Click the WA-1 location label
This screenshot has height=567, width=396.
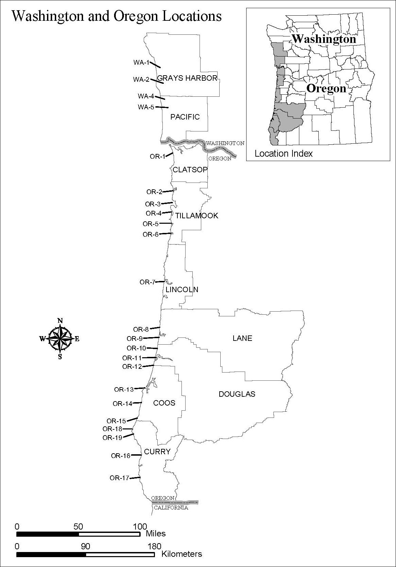click(141, 62)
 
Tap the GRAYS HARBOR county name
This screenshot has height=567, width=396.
click(187, 78)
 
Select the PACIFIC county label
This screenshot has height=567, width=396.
click(185, 117)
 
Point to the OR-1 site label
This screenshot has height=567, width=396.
click(157, 156)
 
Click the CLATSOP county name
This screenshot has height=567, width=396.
click(190, 170)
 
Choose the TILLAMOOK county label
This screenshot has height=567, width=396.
click(196, 216)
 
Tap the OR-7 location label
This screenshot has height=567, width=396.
click(147, 282)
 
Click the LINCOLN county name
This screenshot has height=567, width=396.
click(182, 289)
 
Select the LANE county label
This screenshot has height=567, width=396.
click(242, 338)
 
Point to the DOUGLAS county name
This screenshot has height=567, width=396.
click(237, 394)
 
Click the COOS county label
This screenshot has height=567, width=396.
click(164, 403)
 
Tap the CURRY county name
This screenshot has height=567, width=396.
click(157, 452)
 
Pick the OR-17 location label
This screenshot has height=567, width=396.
click(119, 478)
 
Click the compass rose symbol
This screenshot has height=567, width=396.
click(60, 339)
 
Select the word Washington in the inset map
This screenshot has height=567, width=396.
click(324, 39)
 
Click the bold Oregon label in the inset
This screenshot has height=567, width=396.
click(326, 89)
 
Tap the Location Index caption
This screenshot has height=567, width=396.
click(283, 154)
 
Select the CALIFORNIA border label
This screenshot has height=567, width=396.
click(171, 507)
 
